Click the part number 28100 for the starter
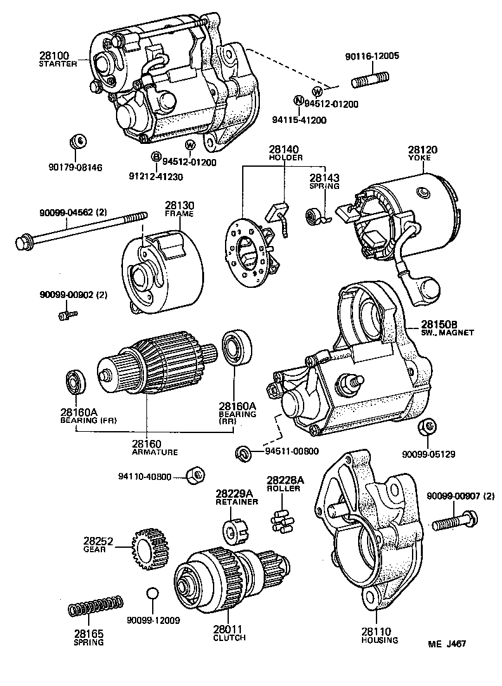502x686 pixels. click(56, 56)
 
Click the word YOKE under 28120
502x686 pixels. click(418, 158)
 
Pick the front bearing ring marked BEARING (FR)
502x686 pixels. click(75, 383)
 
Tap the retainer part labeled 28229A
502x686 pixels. click(233, 528)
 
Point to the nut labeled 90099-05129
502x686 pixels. click(427, 429)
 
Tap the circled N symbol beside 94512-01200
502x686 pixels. click(298, 100)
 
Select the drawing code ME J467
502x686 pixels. click(447, 644)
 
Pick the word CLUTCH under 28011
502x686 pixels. click(229, 637)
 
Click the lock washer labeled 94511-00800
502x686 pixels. click(243, 452)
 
